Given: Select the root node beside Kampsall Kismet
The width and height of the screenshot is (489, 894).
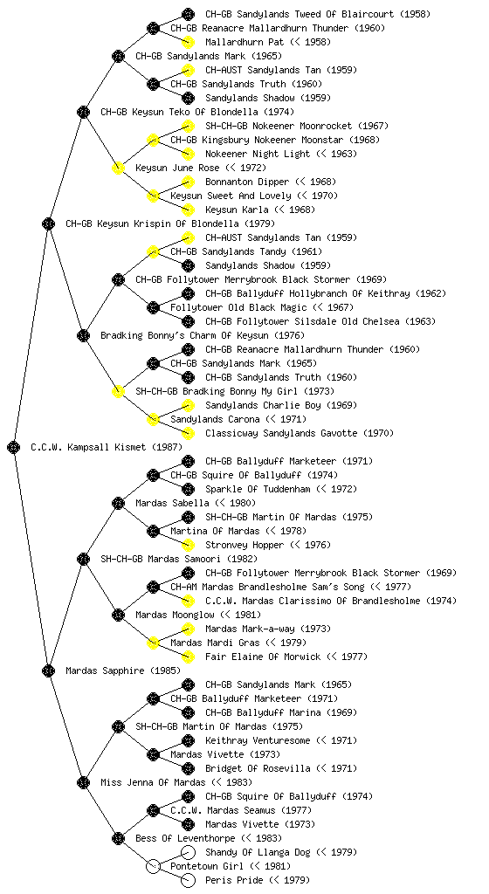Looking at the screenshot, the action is tap(14, 447).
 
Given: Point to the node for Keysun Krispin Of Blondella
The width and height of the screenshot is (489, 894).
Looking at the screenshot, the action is tap(48, 223).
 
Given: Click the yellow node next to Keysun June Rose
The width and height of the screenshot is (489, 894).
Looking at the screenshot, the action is tap(118, 168).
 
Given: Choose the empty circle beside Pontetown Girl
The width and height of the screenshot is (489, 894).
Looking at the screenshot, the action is tap(153, 866).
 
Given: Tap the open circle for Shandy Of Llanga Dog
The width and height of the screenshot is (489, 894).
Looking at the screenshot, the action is tap(188, 852).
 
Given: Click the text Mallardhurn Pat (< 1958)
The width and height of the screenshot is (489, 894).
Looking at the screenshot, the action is tap(268, 42).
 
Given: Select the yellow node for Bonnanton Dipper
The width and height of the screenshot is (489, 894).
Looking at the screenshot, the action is tap(188, 182).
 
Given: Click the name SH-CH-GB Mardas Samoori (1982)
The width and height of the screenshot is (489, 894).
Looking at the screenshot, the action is tap(179, 559).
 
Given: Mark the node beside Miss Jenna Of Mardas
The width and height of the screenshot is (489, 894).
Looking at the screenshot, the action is tap(83, 782).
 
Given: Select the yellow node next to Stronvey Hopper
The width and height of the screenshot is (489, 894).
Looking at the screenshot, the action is tap(188, 545).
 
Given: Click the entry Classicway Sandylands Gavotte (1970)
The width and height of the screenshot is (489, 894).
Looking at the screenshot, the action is tap(300, 433).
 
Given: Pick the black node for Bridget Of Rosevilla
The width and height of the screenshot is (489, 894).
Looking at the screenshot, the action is tap(188, 768).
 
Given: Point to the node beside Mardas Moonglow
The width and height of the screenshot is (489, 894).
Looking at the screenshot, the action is tap(118, 615).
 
